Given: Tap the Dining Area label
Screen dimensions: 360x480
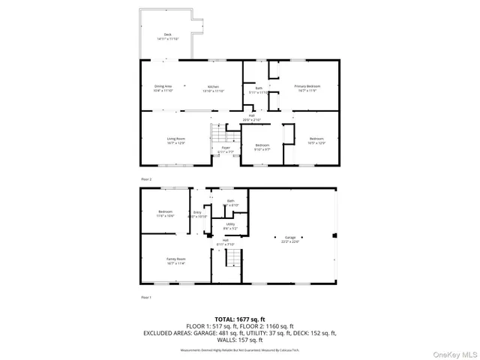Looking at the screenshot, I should [x=163, y=88].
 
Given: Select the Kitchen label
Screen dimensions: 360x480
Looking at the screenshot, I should [x=214, y=88].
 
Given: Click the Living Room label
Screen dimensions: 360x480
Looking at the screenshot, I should [x=175, y=140].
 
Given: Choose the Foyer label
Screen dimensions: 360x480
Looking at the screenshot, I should [x=225, y=149].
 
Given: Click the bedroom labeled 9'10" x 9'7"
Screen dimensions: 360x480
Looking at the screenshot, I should [x=262, y=147].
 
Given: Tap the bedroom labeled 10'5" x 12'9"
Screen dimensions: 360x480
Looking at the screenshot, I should [x=316, y=140].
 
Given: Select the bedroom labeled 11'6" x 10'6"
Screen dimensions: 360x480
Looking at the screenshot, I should [x=165, y=213].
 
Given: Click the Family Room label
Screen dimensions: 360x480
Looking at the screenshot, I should [x=175, y=262].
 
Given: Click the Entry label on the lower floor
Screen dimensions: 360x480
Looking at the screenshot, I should [x=198, y=214].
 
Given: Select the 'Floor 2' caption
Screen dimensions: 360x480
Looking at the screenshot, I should [x=146, y=179].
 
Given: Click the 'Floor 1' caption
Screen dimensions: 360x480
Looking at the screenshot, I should [x=146, y=298].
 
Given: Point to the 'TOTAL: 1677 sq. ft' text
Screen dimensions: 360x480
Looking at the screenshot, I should [x=239, y=319].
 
